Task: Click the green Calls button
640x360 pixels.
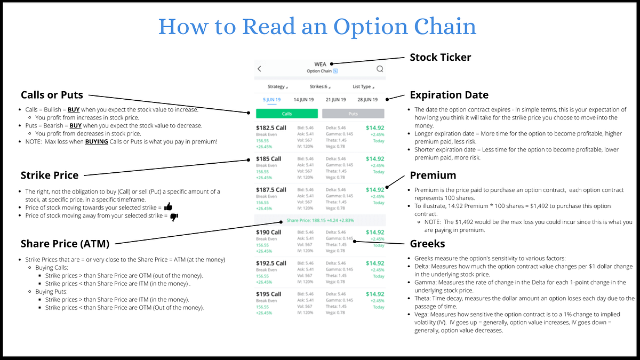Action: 287,114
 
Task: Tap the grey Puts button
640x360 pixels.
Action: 353,114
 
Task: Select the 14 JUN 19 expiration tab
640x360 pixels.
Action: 304,100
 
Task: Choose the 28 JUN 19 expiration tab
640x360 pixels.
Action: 367,100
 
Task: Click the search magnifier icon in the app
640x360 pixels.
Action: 380,69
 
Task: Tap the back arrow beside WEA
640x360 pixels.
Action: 260,69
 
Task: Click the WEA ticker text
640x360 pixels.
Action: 320,65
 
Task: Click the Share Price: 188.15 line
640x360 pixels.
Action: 320,220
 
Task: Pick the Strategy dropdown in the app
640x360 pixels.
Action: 277,86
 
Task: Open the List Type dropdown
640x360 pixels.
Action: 363,86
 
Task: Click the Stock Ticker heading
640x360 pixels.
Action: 440,57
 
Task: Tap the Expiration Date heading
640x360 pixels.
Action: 449,95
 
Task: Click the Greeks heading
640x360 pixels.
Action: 428,244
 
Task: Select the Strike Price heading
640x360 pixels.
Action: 50,175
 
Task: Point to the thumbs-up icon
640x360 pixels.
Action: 169,206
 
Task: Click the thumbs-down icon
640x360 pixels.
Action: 174,217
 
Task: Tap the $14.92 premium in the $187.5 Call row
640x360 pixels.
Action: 374,190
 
